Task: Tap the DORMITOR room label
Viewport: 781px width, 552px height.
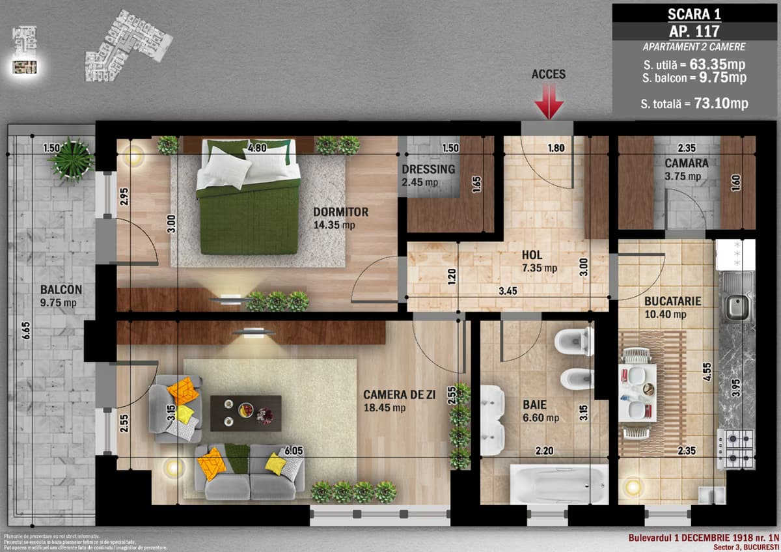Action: [340, 212]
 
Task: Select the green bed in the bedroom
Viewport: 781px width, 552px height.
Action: [248, 205]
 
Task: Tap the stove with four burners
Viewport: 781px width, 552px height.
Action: [735, 448]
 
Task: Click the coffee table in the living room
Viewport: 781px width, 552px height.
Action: [245, 413]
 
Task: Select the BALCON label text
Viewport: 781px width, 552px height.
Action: [61, 290]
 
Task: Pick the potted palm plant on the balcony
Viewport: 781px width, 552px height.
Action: [71, 159]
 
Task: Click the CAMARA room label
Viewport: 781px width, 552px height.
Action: [687, 163]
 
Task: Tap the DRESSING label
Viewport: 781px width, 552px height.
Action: [428, 169]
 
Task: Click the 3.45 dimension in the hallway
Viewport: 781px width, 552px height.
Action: [508, 291]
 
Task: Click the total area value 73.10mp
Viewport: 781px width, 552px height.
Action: [722, 103]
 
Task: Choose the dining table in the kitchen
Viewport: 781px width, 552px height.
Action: [637, 393]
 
